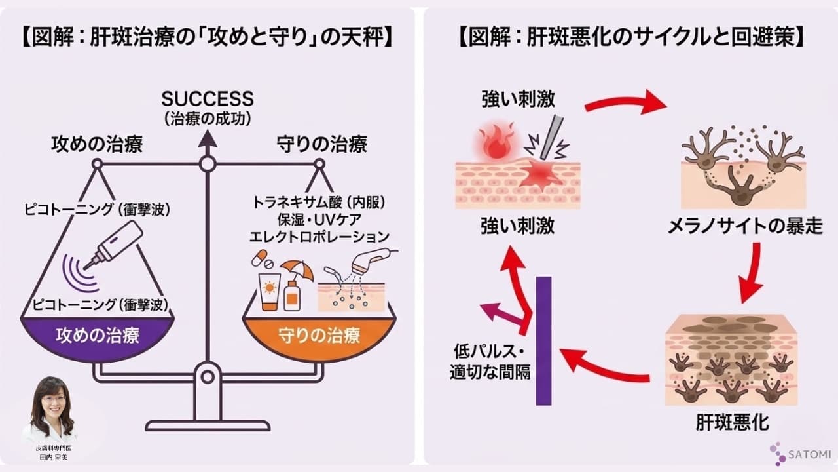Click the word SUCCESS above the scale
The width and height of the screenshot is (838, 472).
tap(208, 99)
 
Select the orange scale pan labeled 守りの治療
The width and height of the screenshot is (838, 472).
tap(319, 337)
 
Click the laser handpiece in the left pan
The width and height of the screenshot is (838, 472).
tap(117, 242)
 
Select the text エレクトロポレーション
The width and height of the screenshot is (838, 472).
tap(319, 236)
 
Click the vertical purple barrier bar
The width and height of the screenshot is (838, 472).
tap(543, 341)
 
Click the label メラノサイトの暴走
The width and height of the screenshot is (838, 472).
tap(744, 227)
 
